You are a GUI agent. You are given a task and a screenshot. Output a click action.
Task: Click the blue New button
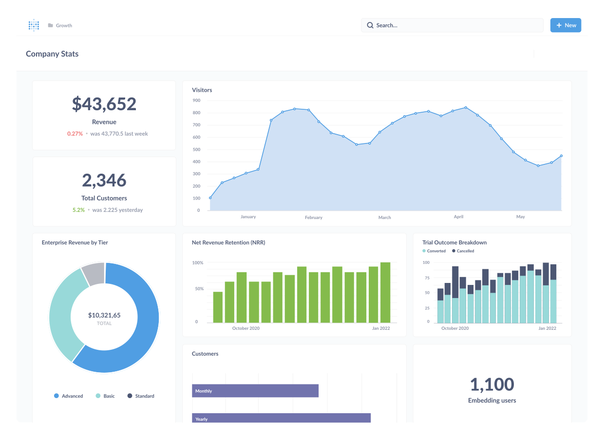tap(566, 25)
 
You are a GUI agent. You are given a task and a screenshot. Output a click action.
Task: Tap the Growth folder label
tap(63, 25)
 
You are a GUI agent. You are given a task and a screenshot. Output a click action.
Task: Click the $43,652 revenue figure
tap(104, 104)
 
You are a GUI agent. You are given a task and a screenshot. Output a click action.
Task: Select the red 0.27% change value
tap(75, 134)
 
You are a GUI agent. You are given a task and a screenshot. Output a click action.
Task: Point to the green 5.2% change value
tap(78, 210)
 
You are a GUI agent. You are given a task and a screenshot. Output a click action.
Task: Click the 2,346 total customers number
tap(104, 180)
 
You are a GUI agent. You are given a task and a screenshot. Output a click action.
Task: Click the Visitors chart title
tap(202, 90)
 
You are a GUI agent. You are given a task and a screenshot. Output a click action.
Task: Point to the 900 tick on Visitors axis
tap(196, 100)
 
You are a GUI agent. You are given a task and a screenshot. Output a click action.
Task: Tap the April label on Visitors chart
tap(458, 217)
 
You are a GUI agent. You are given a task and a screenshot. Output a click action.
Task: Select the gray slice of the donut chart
tap(94, 273)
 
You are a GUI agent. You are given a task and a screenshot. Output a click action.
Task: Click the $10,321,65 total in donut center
tap(104, 316)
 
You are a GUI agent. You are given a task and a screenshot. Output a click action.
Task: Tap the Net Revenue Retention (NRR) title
tap(228, 242)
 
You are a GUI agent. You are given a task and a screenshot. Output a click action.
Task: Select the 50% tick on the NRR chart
tap(199, 289)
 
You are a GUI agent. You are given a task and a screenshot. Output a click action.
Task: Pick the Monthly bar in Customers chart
tap(255, 391)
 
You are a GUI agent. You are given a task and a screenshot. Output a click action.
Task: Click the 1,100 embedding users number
tap(492, 384)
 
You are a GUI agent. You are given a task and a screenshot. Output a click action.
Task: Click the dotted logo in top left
tap(34, 25)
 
